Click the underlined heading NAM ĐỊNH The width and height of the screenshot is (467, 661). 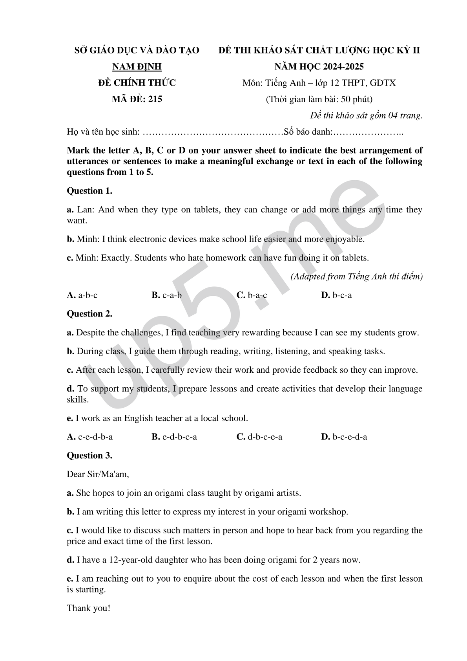(137, 67)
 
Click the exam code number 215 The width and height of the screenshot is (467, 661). (155, 99)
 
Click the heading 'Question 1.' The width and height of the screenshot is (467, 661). (89, 191)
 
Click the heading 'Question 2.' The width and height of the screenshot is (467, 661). (89, 314)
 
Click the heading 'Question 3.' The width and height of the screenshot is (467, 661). (89, 456)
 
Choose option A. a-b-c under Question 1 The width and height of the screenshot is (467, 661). (82, 295)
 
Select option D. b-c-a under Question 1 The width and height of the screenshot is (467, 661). (336, 295)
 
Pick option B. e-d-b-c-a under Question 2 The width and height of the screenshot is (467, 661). (174, 437)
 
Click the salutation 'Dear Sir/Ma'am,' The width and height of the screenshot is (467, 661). (98, 474)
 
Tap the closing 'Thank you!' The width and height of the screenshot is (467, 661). (88, 608)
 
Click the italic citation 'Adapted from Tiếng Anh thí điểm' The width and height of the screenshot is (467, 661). (356, 276)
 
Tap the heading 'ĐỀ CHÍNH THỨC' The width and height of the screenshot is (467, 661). (137, 83)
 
